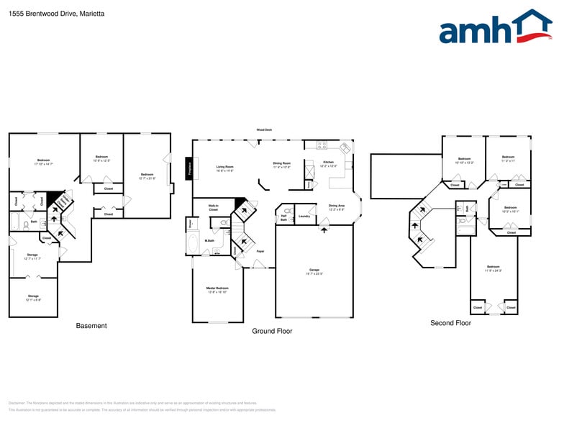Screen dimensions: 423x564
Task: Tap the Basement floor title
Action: pyautogui.click(x=91, y=326)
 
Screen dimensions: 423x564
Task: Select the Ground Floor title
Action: pyautogui.click(x=272, y=331)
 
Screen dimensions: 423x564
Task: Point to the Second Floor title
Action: pyautogui.click(x=450, y=323)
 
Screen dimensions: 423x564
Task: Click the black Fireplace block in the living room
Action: pyautogui.click(x=191, y=168)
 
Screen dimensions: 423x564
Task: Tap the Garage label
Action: pyautogui.click(x=314, y=271)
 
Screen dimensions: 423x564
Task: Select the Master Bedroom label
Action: pyautogui.click(x=217, y=289)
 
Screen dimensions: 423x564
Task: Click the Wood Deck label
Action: pyautogui.click(x=264, y=130)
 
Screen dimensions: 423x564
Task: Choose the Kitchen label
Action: pyautogui.click(x=328, y=163)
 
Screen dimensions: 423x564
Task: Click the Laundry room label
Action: pyautogui.click(x=304, y=216)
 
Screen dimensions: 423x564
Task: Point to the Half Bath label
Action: pyautogui.click(x=284, y=217)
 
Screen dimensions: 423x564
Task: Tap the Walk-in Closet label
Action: pyautogui.click(x=213, y=208)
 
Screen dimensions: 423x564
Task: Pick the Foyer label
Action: pyautogui.click(x=260, y=251)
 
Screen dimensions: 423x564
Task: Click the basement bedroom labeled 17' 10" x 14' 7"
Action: pyautogui.click(x=43, y=162)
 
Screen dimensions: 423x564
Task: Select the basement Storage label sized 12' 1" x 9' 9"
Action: pyautogui.click(x=33, y=297)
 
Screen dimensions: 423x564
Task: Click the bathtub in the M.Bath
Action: pyautogui.click(x=193, y=245)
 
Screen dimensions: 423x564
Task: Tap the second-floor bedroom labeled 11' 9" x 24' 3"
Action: pyautogui.click(x=493, y=268)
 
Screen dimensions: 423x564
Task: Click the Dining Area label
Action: pyautogui.click(x=336, y=207)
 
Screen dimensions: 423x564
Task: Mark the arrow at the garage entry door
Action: pyautogui.click(x=324, y=228)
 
